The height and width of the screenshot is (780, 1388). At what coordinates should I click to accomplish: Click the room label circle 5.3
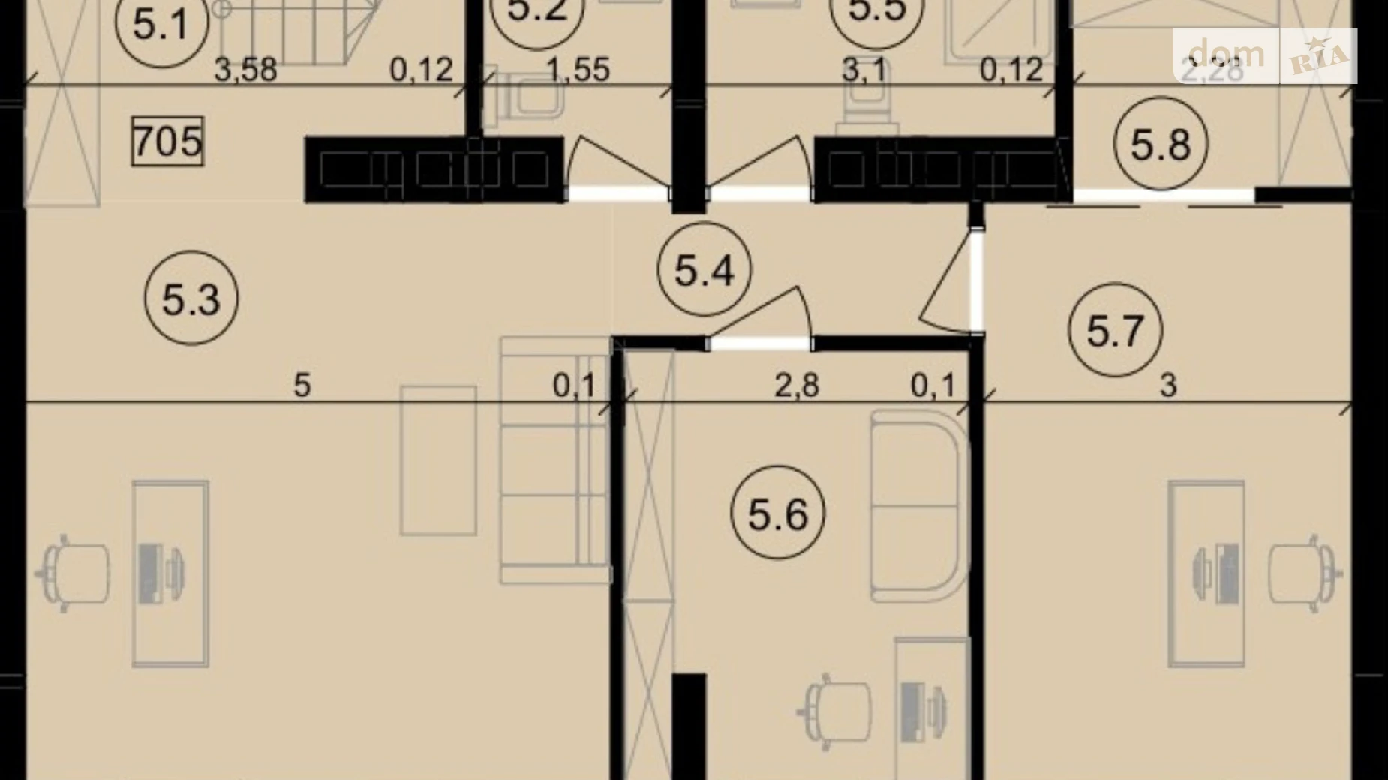[x=191, y=298]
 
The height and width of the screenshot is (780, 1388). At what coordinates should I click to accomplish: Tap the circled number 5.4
[x=704, y=268]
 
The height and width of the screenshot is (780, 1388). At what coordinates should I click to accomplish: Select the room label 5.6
[x=777, y=513]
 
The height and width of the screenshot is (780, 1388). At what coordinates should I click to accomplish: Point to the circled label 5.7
[x=1115, y=329]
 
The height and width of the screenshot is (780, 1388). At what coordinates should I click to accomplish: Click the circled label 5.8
[x=1160, y=143]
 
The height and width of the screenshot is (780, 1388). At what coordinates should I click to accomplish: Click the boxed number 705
[x=167, y=141]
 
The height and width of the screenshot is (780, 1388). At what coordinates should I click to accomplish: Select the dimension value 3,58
[x=245, y=70]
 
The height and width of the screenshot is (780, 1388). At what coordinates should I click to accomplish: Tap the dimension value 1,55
[x=578, y=70]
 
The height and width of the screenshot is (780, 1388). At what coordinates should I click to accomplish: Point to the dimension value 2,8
[x=796, y=385]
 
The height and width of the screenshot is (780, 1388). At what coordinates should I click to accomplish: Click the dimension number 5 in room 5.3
[x=302, y=385]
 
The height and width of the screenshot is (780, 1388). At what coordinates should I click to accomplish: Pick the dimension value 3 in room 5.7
[x=1168, y=385]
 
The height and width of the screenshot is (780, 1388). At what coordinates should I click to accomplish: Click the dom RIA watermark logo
[x=1265, y=55]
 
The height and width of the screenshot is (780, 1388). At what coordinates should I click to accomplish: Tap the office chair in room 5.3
[x=74, y=573]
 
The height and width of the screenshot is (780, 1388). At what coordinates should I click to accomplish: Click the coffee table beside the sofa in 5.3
[x=438, y=460]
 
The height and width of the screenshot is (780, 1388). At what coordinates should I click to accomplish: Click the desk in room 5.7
[x=1206, y=574]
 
